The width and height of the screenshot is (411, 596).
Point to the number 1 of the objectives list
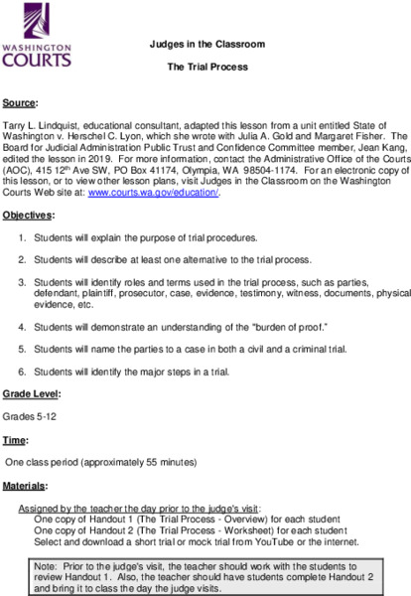24,239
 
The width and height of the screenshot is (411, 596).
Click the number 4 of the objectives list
24,326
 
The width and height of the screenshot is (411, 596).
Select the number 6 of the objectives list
24,372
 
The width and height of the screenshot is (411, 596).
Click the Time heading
15,440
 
